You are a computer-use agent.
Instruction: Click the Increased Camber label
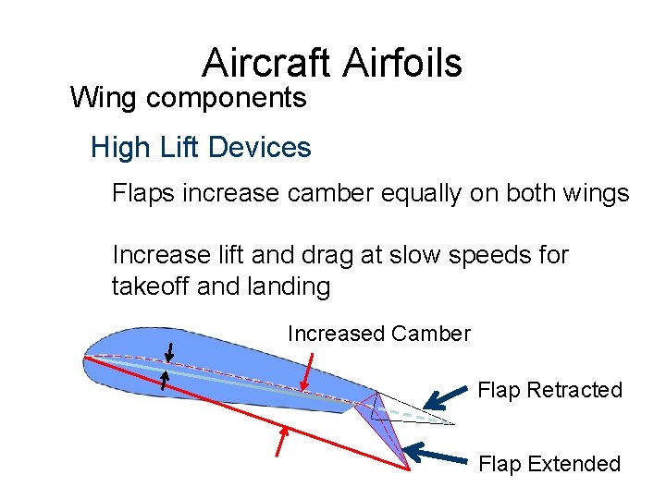[379, 334]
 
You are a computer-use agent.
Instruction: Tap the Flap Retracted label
[549, 390]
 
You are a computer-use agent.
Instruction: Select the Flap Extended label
[549, 464]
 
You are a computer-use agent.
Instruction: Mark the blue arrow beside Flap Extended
[440, 455]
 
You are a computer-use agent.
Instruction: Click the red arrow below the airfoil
[284, 441]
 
